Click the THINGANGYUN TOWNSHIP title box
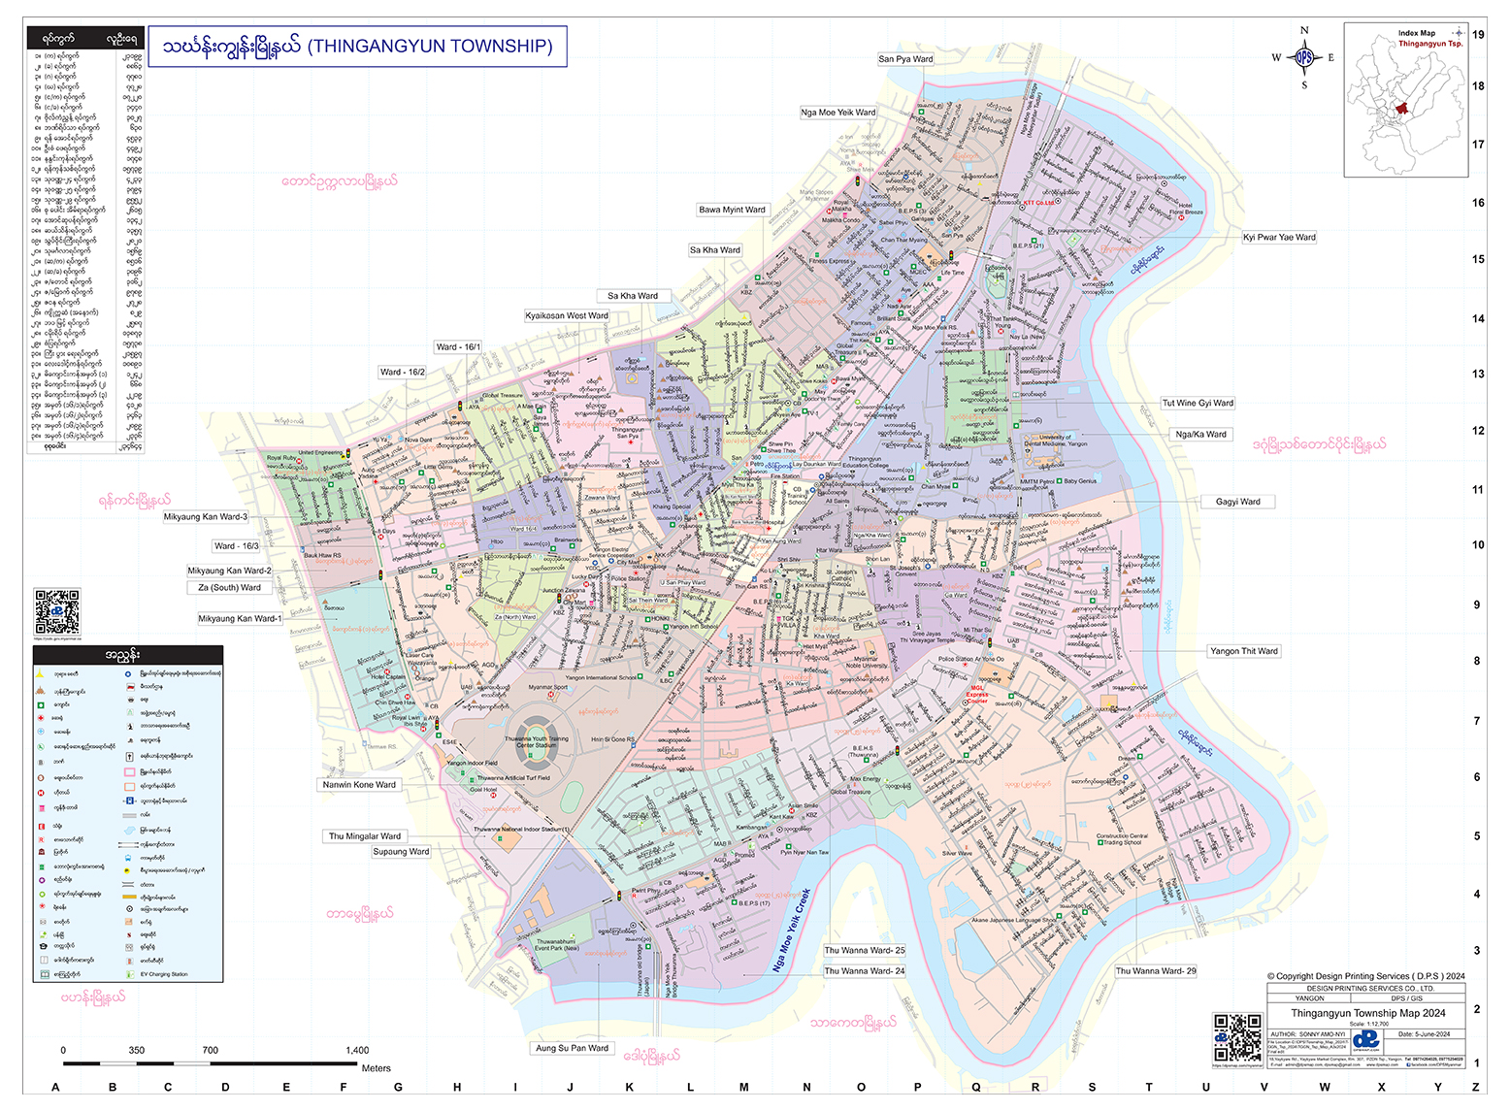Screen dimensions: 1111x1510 tap(360, 47)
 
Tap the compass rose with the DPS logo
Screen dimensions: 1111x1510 tap(1303, 57)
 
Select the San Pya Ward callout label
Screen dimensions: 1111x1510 tap(905, 59)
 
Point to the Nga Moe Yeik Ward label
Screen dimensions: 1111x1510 tap(837, 113)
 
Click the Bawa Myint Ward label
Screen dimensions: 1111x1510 tap(732, 210)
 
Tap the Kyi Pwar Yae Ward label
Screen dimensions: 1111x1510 tap(1279, 237)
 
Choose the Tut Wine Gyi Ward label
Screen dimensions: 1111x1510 tap(1198, 403)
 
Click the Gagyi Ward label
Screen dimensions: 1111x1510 tap(1237, 502)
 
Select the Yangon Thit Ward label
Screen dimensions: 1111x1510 tap(1243, 651)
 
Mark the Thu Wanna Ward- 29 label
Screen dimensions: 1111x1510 tap(1155, 970)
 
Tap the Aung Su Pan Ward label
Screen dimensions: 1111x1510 tap(572, 1048)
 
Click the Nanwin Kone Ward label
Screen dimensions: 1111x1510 tap(359, 784)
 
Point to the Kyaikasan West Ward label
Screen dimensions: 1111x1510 tap(567, 315)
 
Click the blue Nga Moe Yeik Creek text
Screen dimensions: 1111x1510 tap(791, 930)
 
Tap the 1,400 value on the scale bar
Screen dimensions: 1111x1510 tap(357, 1050)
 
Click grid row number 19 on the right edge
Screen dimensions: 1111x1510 tap(1477, 34)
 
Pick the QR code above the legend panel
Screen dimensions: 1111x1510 tap(57, 611)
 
